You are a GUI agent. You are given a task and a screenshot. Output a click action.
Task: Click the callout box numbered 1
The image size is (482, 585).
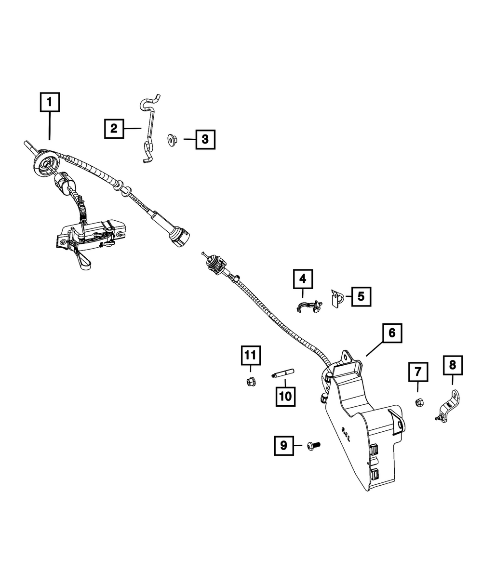point(50,102)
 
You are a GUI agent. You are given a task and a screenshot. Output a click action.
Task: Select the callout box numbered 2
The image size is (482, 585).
point(114,128)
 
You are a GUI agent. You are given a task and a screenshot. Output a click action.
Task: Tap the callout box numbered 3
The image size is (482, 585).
point(205,140)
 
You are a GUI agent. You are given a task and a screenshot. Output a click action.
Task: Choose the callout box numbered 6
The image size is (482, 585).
point(392,332)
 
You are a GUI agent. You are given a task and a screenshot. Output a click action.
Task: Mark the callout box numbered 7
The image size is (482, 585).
point(418,372)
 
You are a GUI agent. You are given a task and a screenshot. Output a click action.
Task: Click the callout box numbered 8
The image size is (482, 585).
point(452,366)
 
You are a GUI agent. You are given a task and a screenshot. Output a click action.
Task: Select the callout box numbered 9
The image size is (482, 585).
point(283,445)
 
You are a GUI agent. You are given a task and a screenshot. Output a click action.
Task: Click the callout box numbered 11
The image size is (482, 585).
point(250,356)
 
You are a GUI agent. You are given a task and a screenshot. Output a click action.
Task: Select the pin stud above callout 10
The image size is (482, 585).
point(284,373)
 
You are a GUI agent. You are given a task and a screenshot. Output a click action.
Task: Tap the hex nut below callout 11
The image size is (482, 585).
point(250,382)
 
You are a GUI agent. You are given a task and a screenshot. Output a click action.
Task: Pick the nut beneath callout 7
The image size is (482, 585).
point(419,402)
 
